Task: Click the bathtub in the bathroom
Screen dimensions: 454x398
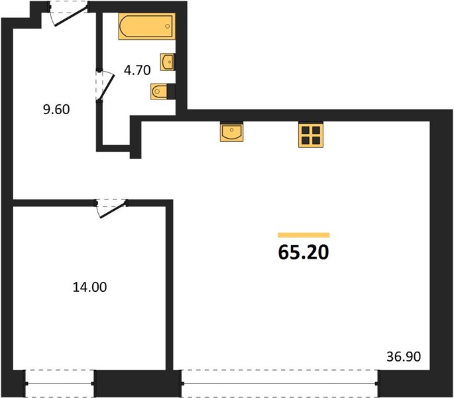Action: [146, 26]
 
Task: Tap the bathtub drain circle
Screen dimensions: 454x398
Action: [168, 27]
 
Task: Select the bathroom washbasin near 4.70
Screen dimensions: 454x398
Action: [168, 62]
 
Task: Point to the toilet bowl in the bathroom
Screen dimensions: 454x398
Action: [158, 92]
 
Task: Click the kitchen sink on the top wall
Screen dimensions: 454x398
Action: [231, 131]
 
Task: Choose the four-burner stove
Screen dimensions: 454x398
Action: [311, 135]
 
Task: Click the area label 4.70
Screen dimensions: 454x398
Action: [137, 70]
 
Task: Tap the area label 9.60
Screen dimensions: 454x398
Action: [56, 109]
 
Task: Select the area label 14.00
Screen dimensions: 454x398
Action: [89, 287]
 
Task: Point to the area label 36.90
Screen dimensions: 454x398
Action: [404, 357]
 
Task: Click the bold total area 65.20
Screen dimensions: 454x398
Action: [304, 252]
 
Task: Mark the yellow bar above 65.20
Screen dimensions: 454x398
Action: [304, 235]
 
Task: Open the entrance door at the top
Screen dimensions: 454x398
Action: [71, 16]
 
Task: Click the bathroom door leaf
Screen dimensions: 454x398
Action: [107, 88]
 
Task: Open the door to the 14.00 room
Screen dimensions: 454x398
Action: [113, 210]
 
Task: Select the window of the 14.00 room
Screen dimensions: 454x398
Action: [60, 383]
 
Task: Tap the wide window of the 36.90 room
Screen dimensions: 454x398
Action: [280, 383]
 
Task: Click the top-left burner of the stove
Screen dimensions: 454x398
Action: [306, 131]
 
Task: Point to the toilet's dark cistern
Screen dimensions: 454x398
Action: [171, 92]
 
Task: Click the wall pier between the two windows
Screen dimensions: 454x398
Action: [138, 383]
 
